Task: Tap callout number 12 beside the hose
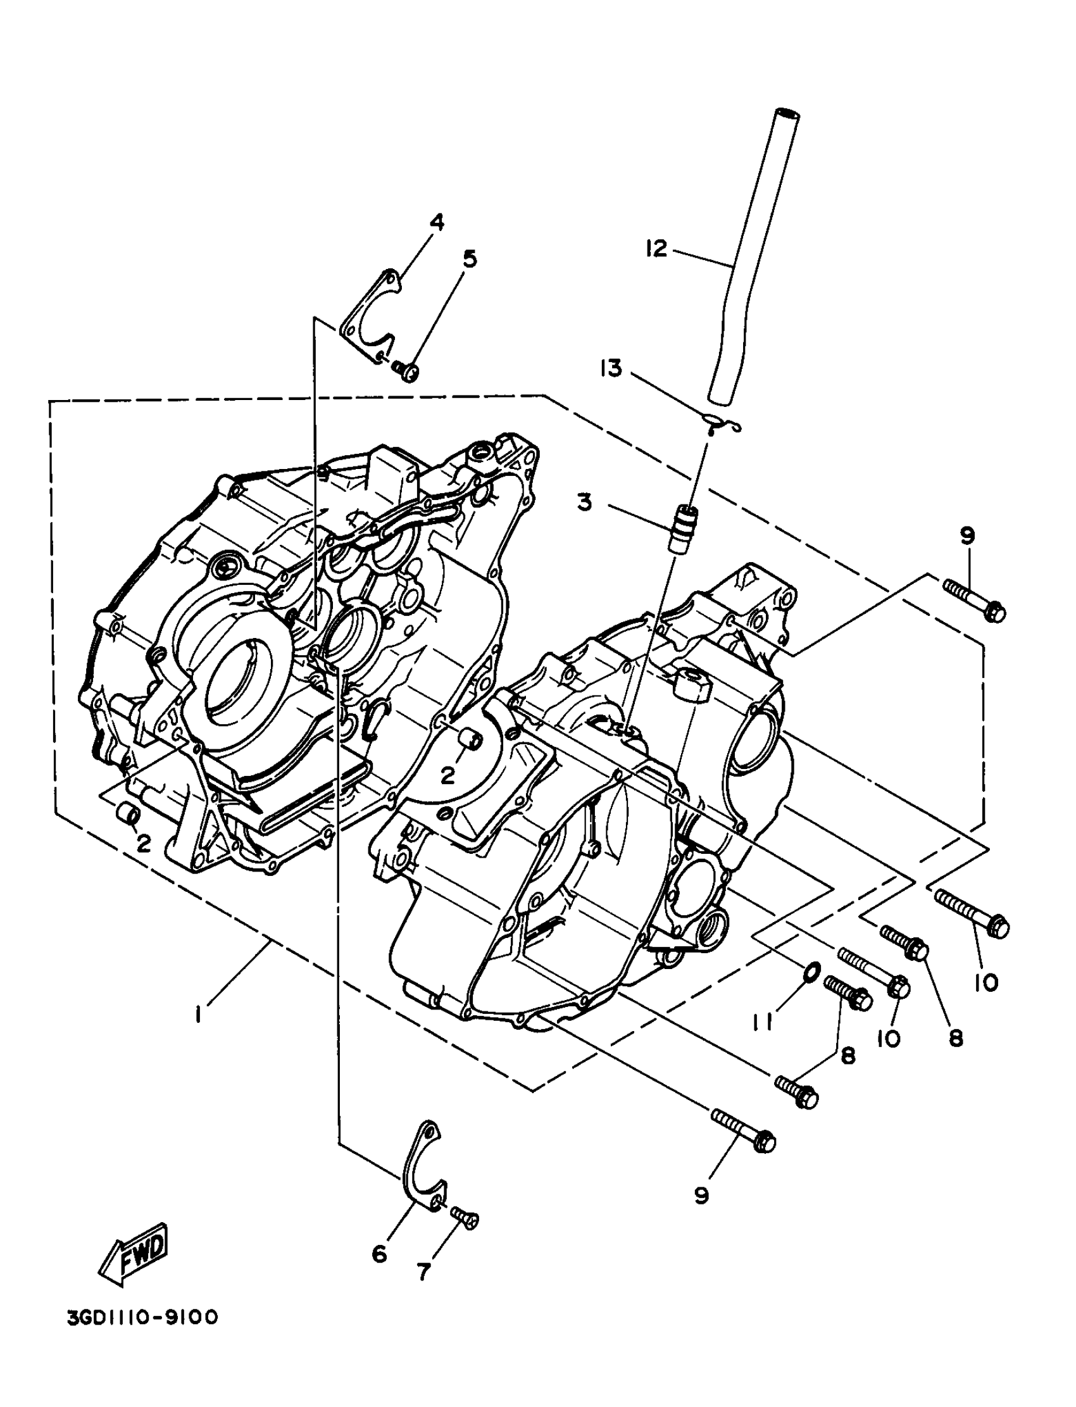656,248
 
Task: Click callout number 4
436,222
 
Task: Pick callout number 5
470,260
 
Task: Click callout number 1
199,1014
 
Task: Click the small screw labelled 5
406,370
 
